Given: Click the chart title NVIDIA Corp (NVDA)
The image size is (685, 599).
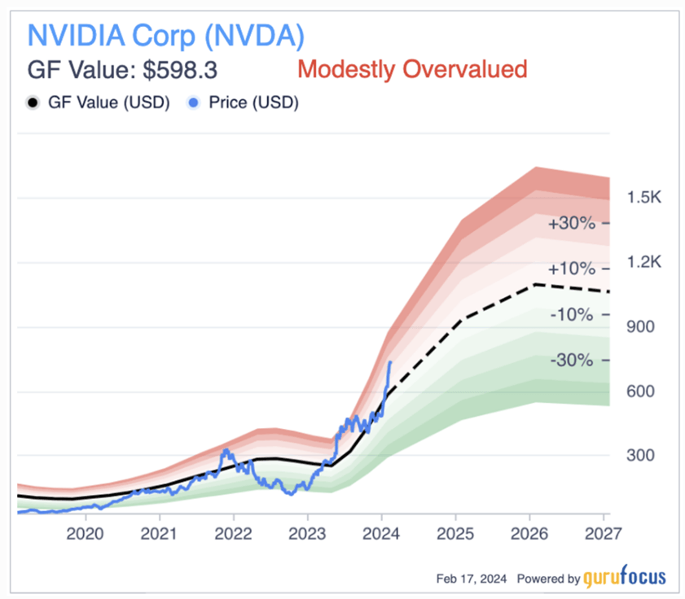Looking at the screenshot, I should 166,36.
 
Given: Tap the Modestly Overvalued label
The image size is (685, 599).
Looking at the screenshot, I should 412,69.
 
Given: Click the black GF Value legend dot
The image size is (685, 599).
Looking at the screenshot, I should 33,103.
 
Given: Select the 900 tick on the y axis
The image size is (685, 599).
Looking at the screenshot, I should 642,327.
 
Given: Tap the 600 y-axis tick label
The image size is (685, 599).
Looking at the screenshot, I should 642,391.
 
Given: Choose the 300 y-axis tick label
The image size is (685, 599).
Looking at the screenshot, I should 642,456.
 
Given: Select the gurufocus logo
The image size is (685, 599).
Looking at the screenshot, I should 624,578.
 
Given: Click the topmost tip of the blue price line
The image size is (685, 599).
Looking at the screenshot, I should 391,361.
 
